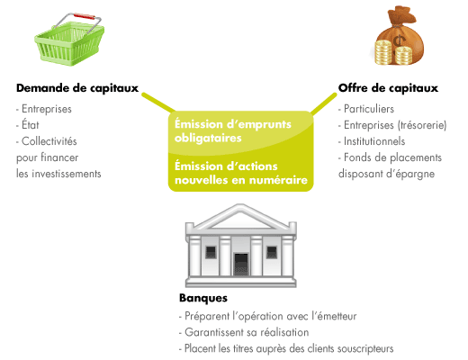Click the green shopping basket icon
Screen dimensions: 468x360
coord(69,40)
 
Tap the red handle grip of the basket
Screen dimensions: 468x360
coord(85,16)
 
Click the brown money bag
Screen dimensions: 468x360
coord(399,35)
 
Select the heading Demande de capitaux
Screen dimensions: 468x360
coord(77,88)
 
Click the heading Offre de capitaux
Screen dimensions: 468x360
coord(388,88)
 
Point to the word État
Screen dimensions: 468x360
coord(31,124)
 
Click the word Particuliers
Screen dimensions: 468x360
coord(369,109)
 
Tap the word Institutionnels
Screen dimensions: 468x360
coord(374,141)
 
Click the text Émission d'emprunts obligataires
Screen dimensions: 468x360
coord(233,130)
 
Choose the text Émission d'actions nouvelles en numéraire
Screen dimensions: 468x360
coord(241,173)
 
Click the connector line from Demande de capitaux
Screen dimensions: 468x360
coord(158,103)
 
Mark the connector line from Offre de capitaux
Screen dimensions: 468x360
coord(324,103)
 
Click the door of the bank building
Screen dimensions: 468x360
coord(241,265)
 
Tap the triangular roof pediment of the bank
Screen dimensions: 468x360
coord(241,217)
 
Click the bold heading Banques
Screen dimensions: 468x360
coord(203,298)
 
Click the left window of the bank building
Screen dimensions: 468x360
coord(211,252)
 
